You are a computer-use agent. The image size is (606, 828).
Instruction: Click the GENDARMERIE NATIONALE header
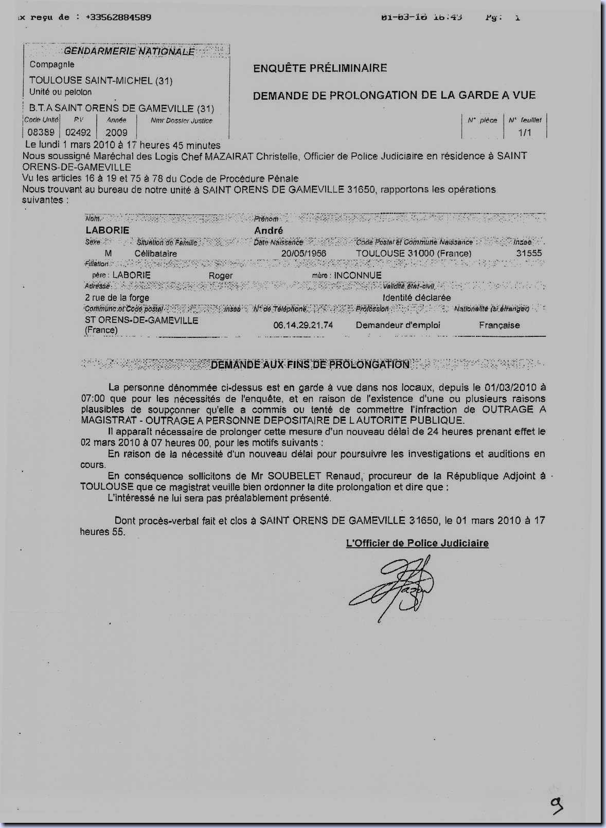coord(129,51)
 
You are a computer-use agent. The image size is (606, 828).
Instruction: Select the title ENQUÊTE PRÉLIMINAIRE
coord(320,68)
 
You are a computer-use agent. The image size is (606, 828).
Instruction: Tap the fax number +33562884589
coord(118,17)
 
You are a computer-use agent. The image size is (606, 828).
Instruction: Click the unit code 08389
coord(41,133)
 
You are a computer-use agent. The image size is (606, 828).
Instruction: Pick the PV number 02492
coord(78,133)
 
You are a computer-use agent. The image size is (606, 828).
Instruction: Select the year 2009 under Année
coord(116,133)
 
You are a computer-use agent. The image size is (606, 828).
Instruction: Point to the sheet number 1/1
coord(525,133)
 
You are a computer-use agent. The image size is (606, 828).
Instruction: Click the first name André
coord(269,230)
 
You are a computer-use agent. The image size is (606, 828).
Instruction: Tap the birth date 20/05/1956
coord(304,254)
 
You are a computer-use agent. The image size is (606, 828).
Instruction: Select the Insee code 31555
coord(529,253)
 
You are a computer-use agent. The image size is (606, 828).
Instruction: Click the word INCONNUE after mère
coord(358,275)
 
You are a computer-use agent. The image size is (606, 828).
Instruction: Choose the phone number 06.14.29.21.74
coord(303,326)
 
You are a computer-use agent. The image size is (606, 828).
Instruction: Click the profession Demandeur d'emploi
coord(398,325)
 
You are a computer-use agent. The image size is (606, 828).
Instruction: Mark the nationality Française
coord(499,325)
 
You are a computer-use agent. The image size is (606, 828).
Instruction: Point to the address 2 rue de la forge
coord(117,298)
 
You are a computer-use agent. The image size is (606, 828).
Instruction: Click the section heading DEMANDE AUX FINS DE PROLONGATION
coord(310,365)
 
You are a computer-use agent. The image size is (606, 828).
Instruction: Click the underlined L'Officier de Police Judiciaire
coord(417,543)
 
